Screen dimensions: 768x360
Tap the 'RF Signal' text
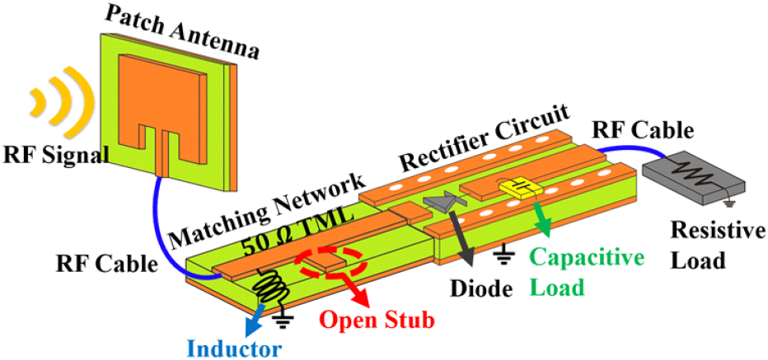point(54,156)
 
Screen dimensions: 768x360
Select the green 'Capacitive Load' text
point(579,272)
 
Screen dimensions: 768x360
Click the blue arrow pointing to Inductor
point(258,320)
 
